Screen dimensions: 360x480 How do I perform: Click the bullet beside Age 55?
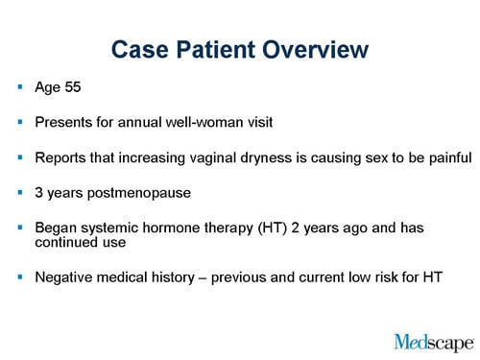click(x=20, y=88)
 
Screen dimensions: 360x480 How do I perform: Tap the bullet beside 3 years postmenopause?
click(x=20, y=192)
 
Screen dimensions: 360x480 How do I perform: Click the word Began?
click(x=56, y=228)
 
